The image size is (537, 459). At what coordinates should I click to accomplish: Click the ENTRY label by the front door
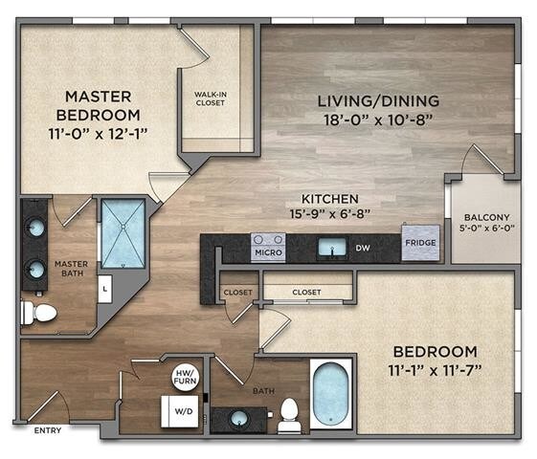pos(48,430)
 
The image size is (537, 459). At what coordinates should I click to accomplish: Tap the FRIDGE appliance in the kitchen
pos(420,243)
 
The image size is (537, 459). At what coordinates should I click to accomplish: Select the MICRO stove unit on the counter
pos(268,248)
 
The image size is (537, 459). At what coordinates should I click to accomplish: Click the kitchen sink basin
pos(332,248)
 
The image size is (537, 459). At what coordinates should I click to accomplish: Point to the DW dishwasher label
pos(363,248)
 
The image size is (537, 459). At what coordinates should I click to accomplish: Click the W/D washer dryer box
pos(180,411)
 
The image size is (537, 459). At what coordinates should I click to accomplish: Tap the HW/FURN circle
pos(186,377)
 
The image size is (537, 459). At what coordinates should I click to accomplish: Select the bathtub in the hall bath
pos(331,394)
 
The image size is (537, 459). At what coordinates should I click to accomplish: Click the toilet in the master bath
pos(38,313)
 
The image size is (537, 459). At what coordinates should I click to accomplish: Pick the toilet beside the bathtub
pos(290,416)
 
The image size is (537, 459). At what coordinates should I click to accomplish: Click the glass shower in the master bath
pos(123,233)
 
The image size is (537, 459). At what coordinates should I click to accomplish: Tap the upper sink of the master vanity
pos(35,229)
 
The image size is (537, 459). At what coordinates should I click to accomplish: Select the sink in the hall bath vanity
pos(239,419)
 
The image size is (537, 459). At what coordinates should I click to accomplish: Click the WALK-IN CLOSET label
pos(211,98)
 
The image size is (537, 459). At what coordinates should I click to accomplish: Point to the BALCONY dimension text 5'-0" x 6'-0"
pos(487,229)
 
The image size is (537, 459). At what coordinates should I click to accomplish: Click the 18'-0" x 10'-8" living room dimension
pos(378,120)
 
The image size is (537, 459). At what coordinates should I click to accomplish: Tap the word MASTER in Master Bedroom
pos(99,97)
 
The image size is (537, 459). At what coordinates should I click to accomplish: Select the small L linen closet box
pos(105,289)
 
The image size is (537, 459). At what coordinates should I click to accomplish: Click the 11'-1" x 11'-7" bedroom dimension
pos(435,370)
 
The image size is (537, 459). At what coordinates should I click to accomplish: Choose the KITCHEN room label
pos(330,199)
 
